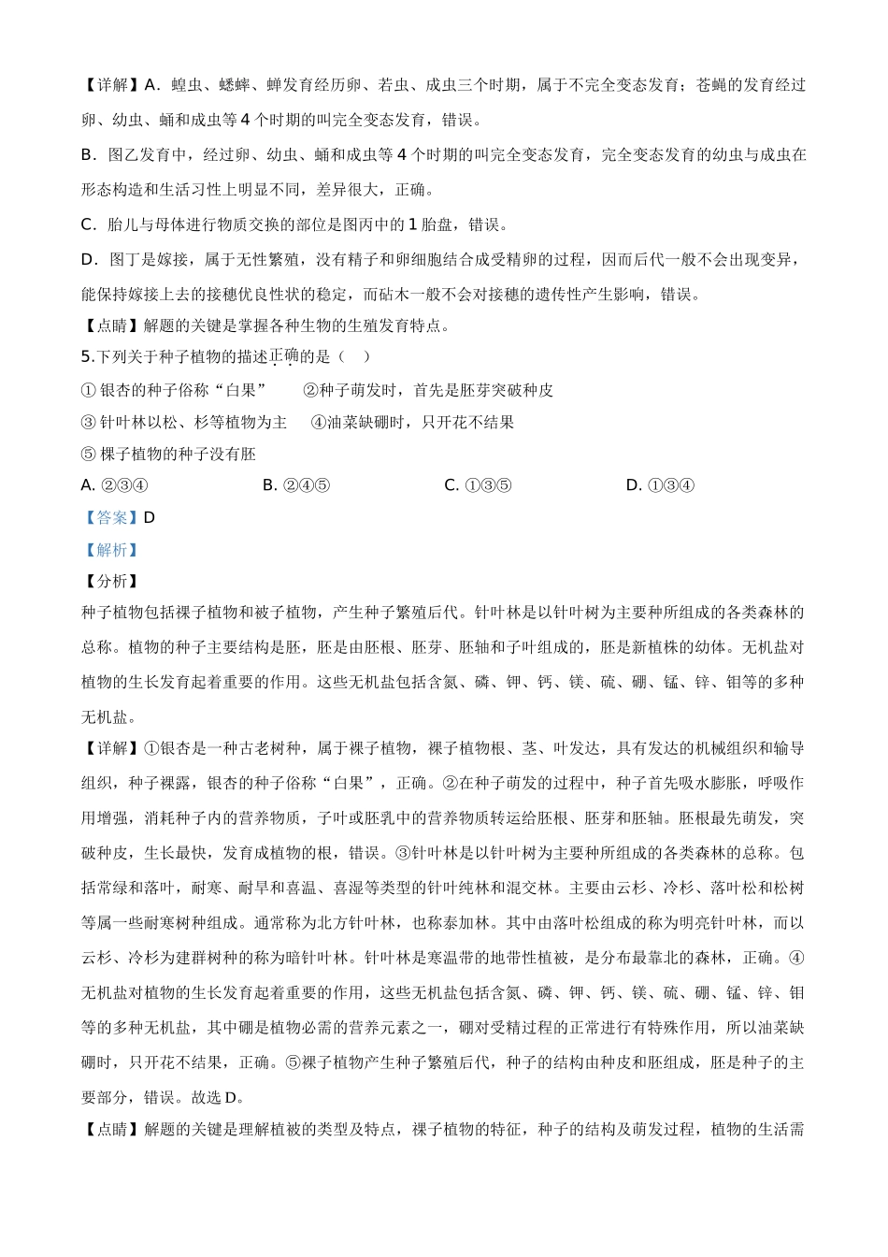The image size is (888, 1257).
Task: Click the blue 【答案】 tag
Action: click(111, 518)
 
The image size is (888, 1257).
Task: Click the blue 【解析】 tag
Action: click(111, 550)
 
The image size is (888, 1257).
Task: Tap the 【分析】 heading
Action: click(111, 582)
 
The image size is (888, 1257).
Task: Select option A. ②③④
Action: click(114, 485)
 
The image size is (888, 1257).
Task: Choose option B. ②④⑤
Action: click(295, 485)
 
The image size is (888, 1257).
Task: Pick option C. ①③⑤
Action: click(478, 485)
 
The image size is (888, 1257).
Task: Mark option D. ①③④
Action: click(660, 485)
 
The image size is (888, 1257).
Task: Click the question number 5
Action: click(86, 356)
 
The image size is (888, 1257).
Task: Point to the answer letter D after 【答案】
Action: click(150, 518)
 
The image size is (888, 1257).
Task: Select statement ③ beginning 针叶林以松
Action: click(184, 423)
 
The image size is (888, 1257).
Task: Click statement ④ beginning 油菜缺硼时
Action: click(412, 423)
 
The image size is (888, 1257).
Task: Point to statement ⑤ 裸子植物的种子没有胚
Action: click(168, 455)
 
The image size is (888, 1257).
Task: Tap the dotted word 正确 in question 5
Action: click(284, 356)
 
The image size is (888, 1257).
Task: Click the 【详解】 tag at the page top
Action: click(111, 85)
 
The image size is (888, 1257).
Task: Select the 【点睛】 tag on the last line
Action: click(111, 1130)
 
